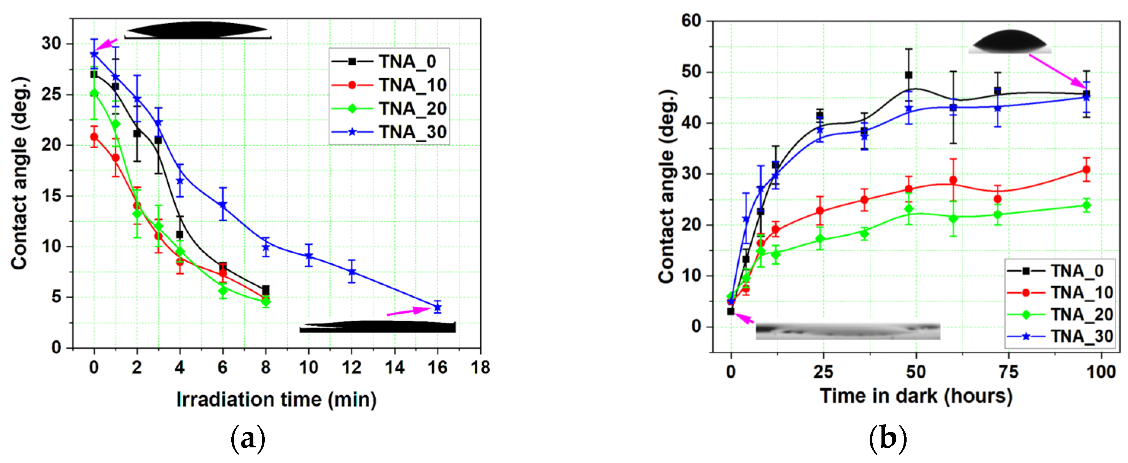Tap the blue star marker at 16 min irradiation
[x=437, y=308]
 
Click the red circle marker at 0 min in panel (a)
[x=94, y=137]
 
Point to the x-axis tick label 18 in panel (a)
[x=480, y=367]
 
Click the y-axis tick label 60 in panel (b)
[x=691, y=21]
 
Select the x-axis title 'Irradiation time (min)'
[x=276, y=399]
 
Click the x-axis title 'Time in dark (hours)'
[x=916, y=396]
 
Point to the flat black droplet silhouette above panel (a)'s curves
[x=198, y=30]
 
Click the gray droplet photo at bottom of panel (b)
[x=848, y=332]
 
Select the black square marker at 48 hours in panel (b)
[x=908, y=75]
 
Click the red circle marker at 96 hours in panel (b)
[x=1086, y=170]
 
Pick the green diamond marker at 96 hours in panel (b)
[x=1086, y=205]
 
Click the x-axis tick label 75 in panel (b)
[x=1008, y=372]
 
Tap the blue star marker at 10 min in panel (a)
[x=308, y=256]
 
